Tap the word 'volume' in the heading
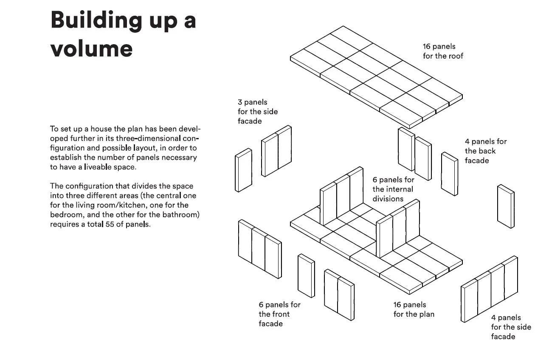[91, 48]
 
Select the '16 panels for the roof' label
[443, 51]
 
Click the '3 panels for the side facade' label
[257, 112]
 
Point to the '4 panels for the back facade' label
[485, 151]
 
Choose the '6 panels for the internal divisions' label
[394, 189]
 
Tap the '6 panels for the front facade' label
[279, 314]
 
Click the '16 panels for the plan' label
[414, 309]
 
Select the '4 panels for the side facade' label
[511, 327]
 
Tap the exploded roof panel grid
[376, 76]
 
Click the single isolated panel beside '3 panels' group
[243, 170]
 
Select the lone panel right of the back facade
[506, 206]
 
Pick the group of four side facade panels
[489, 289]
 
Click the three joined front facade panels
[260, 249]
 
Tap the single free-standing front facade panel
[306, 276]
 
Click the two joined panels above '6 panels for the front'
[339, 295]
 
